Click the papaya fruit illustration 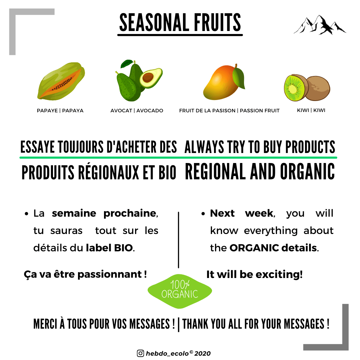[x=61, y=81]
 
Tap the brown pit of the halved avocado [x=148, y=77]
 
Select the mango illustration [x=224, y=82]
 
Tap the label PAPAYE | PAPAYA [x=60, y=111]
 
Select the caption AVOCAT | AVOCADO [x=137, y=111]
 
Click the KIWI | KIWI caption [x=311, y=110]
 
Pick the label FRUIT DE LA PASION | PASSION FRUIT [x=229, y=111]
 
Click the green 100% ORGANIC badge [x=180, y=291]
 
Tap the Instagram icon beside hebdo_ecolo [x=140, y=353]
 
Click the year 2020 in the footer [x=202, y=354]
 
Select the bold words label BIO [x=109, y=248]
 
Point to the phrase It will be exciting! [x=254, y=274]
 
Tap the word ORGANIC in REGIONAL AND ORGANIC [x=307, y=172]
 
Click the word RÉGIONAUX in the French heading [x=109, y=172]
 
